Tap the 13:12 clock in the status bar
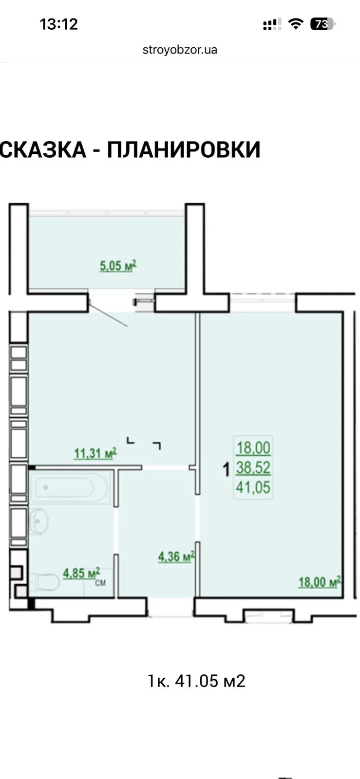(59, 24)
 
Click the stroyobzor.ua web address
(180, 50)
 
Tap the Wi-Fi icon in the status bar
(296, 24)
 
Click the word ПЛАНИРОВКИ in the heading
(184, 149)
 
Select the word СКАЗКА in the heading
(43, 149)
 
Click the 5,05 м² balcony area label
(118, 266)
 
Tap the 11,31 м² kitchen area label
(95, 453)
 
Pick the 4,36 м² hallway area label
(176, 556)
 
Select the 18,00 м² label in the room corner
(320, 582)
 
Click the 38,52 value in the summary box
(253, 468)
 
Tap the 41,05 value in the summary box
(253, 487)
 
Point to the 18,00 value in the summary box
(253, 448)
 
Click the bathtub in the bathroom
(71, 487)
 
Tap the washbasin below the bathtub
(38, 521)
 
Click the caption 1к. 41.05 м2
(197, 681)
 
